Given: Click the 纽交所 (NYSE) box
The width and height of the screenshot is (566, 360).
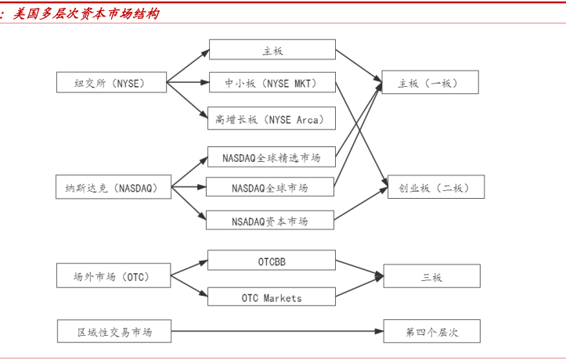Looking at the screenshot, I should pyautogui.click(x=111, y=82).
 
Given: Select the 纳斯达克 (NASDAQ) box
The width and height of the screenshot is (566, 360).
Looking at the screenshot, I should pyautogui.click(x=114, y=188).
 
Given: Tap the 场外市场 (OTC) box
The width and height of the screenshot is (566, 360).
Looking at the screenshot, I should pyautogui.click(x=114, y=276).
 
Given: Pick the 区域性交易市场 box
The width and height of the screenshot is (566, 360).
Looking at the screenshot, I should pyautogui.click(x=114, y=332).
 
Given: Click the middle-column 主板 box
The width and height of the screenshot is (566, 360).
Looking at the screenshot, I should pyautogui.click(x=272, y=51).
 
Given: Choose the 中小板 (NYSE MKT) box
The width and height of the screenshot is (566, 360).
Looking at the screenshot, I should pyautogui.click(x=272, y=82).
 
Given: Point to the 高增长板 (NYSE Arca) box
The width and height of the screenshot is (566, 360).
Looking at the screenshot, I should pyautogui.click(x=272, y=119).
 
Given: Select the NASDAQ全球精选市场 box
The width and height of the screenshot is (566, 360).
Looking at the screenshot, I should pyautogui.click(x=272, y=157).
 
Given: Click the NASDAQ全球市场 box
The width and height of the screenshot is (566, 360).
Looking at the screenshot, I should pyautogui.click(x=270, y=188).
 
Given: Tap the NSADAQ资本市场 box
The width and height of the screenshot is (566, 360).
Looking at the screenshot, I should pyautogui.click(x=270, y=221).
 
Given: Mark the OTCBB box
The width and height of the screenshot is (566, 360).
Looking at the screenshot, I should pyautogui.click(x=272, y=261).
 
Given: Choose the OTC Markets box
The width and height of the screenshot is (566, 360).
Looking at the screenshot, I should pyautogui.click(x=272, y=297).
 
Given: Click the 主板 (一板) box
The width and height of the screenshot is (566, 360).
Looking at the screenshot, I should pyautogui.click(x=430, y=82).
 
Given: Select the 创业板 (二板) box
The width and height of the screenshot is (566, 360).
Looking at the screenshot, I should pyautogui.click(x=436, y=188).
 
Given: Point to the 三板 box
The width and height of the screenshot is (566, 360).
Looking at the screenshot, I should pyautogui.click(x=431, y=276).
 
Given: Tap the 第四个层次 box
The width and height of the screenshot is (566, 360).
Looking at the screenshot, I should pyautogui.click(x=431, y=332).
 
